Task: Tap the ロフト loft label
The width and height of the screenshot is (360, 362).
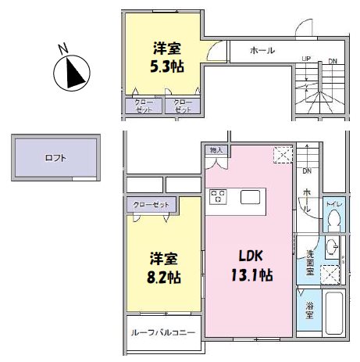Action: [x=55, y=158]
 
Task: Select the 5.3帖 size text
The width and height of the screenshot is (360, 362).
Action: [x=167, y=66]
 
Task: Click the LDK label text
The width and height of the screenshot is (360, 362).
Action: [x=250, y=256]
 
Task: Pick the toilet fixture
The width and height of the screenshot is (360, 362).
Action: [x=333, y=223]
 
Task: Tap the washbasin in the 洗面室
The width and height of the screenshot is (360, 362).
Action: [x=332, y=249]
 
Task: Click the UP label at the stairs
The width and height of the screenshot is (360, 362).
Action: [x=306, y=59]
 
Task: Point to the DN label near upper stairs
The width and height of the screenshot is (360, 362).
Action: [x=333, y=59]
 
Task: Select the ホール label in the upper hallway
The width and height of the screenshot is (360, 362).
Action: [x=262, y=50]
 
